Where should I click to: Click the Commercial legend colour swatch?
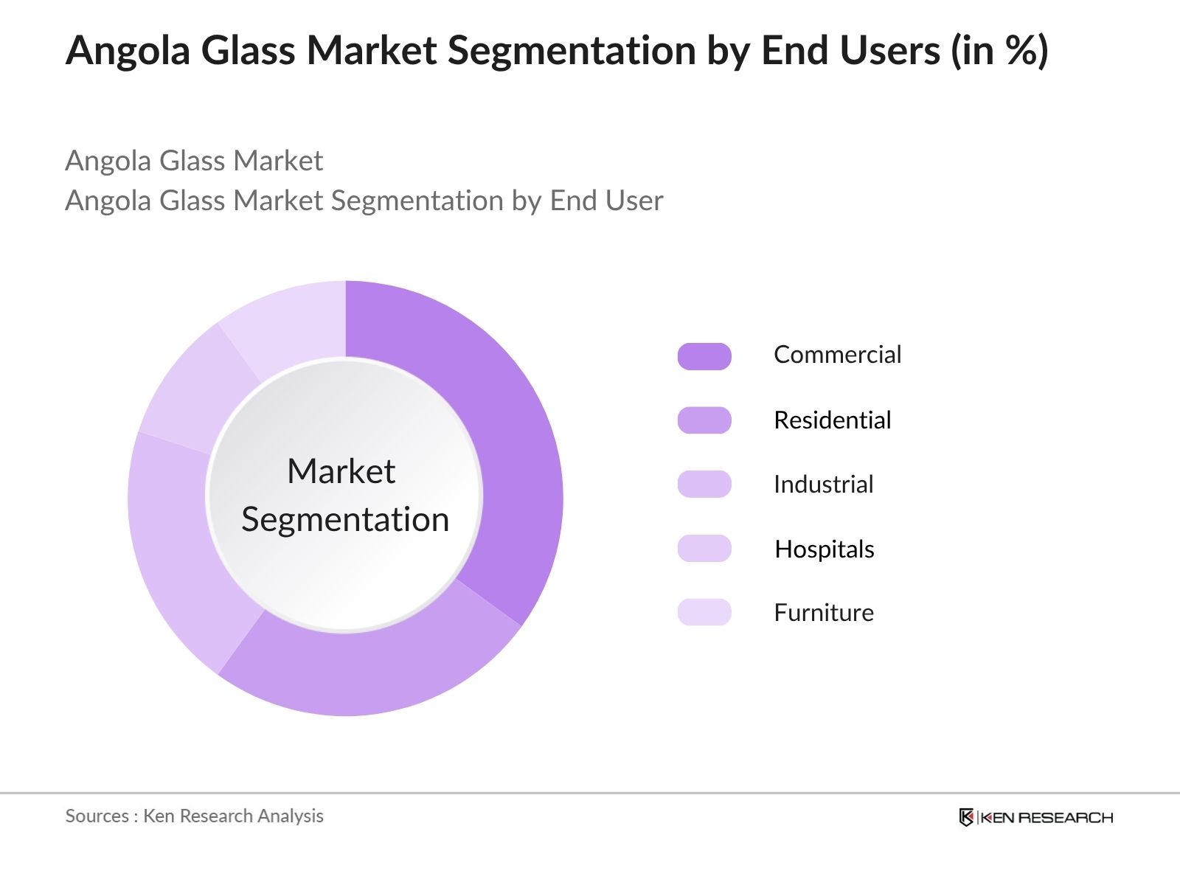point(704,356)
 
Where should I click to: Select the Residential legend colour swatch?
point(704,420)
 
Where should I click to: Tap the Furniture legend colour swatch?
point(704,613)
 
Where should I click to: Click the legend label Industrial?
point(823,485)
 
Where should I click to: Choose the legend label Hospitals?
point(824,549)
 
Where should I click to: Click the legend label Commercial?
point(837,355)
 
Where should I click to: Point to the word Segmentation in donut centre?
point(345,520)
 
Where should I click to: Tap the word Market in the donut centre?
point(341,471)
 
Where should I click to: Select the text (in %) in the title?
point(999,52)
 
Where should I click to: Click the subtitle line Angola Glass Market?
point(194,161)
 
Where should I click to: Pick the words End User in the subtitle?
point(606,201)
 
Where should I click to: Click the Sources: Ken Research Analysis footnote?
point(194,816)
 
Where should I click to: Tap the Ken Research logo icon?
point(966,817)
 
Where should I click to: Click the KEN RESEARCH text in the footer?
point(1047,817)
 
